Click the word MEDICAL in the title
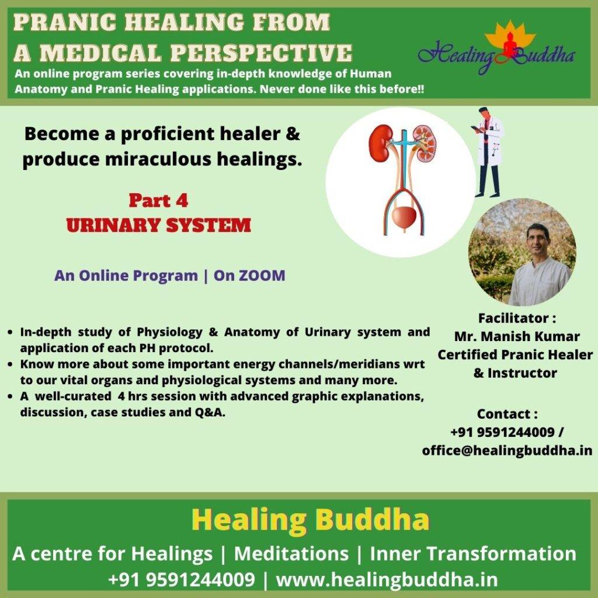tap(100, 53)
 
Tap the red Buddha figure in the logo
tap(510, 45)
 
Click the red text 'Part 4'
tap(158, 201)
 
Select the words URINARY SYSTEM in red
tap(159, 225)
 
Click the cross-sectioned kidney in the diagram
tap(425, 144)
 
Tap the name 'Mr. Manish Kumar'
tap(517, 336)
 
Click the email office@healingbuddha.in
tap(507, 450)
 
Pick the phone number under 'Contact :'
tap(502, 432)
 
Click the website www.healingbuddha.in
tap(387, 580)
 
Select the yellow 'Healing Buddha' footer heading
tap(310, 520)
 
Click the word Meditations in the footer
tap(291, 554)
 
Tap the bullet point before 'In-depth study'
tap(11, 332)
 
